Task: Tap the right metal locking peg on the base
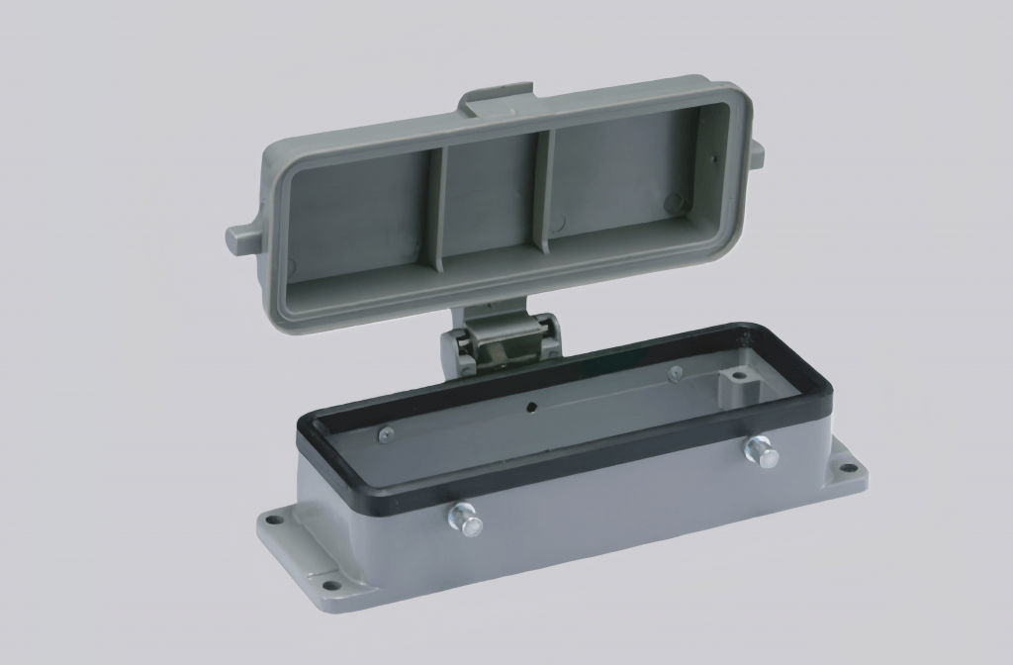tap(761, 451)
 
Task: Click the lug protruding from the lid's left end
tap(242, 237)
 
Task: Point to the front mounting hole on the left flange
tap(328, 584)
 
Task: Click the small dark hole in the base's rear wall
tap(531, 406)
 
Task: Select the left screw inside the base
tap(383, 433)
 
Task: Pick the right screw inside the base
tap(675, 373)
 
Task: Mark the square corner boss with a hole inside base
tap(735, 377)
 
